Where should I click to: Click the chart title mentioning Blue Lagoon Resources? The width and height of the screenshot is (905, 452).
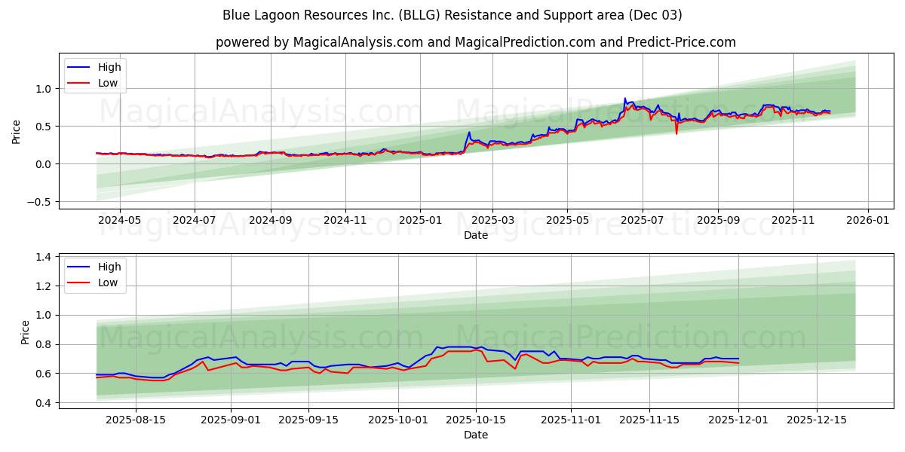pyautogui.click(x=452, y=15)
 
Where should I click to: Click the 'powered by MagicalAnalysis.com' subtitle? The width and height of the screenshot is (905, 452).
pyautogui.click(x=475, y=42)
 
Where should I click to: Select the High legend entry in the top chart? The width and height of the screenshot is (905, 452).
pyautogui.click(x=109, y=67)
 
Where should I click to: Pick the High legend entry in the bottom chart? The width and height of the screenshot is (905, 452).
pyautogui.click(x=109, y=267)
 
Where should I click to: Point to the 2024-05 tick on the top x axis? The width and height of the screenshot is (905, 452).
pyautogui.click(x=120, y=221)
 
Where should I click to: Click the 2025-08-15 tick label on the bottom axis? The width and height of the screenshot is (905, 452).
pyautogui.click(x=136, y=420)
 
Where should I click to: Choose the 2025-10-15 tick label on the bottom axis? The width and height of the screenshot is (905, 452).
pyautogui.click(x=475, y=420)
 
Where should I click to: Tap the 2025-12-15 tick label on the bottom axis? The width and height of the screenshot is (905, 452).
pyautogui.click(x=817, y=420)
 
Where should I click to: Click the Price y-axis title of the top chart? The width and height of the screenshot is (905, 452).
pyautogui.click(x=17, y=132)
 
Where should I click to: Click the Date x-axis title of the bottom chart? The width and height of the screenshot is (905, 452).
pyautogui.click(x=475, y=435)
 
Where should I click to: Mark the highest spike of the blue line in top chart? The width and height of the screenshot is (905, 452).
pyautogui.click(x=624, y=99)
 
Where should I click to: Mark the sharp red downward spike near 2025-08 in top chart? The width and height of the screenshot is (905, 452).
pyautogui.click(x=676, y=133)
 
